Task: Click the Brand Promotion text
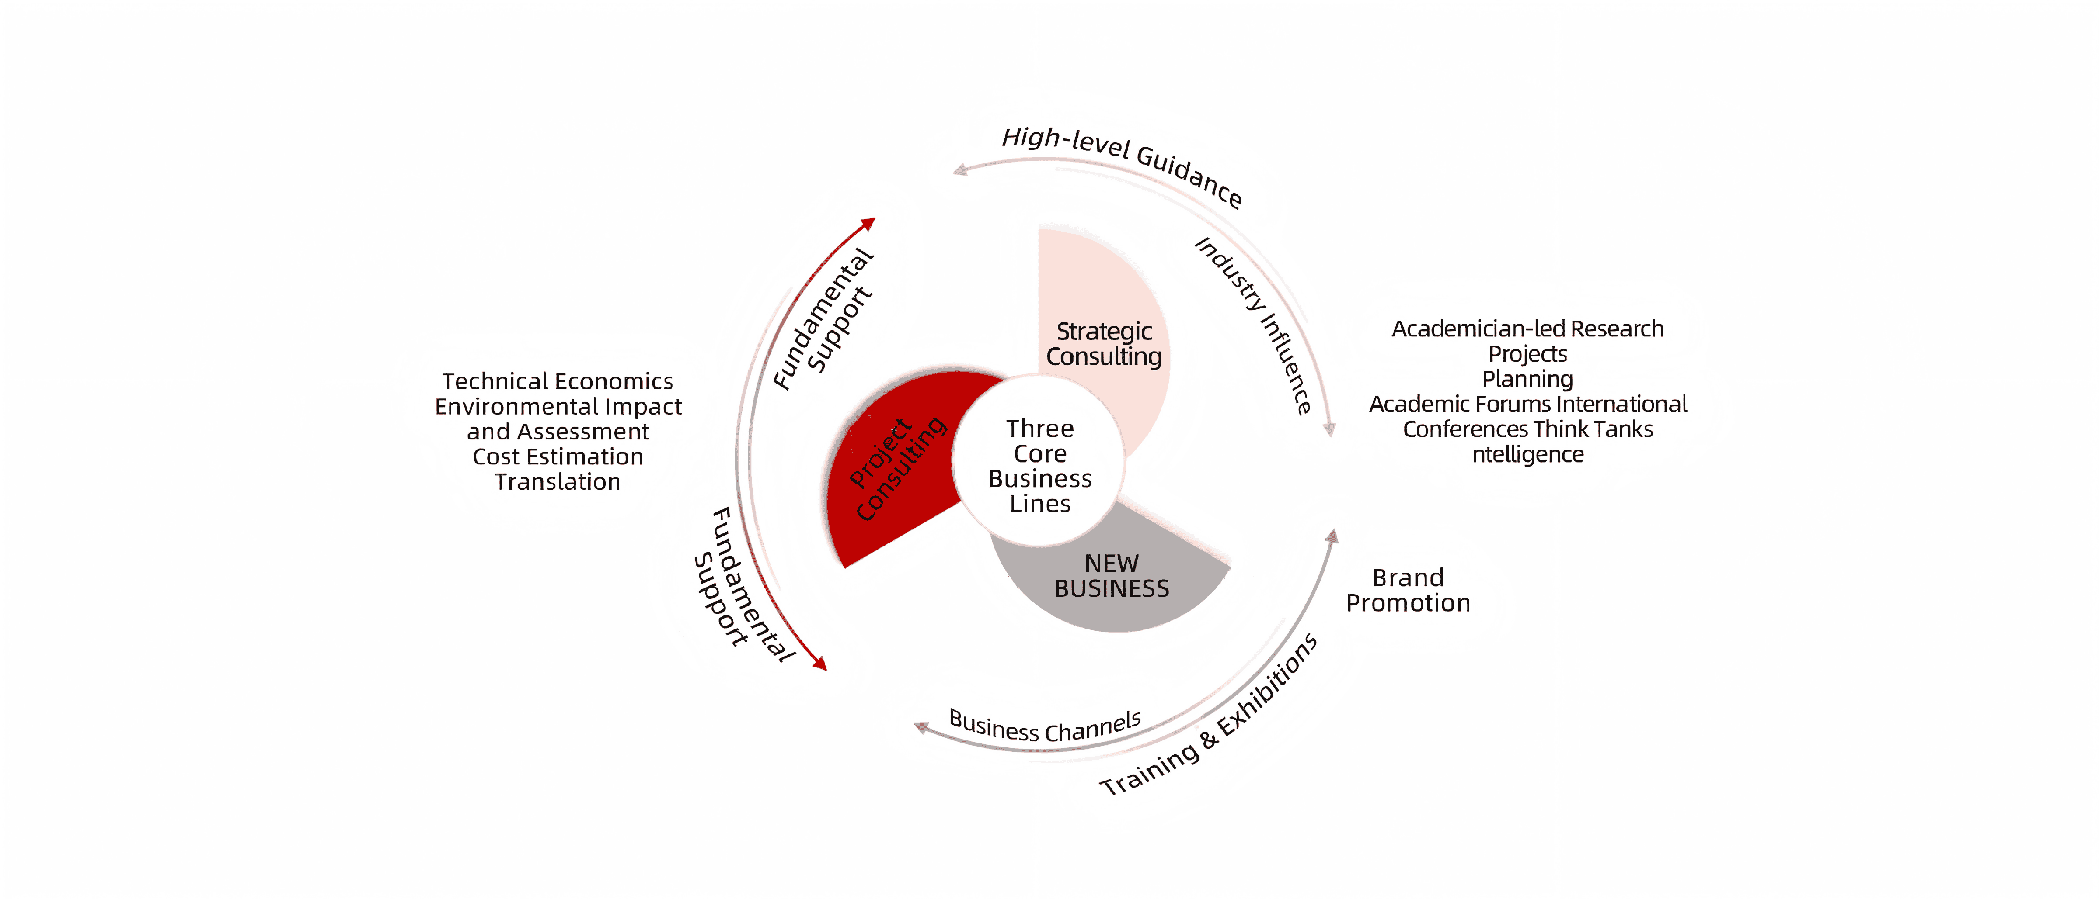1408,590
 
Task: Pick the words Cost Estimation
558,457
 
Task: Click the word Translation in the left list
558,482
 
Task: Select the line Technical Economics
558,381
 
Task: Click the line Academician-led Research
1528,329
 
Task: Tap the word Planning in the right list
1528,380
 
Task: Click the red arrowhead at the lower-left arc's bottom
820,664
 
